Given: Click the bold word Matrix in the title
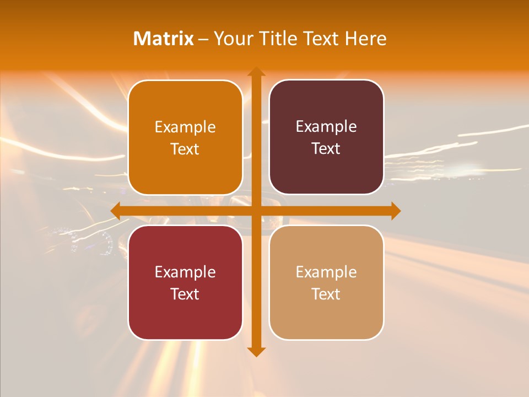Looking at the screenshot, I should click(x=164, y=39).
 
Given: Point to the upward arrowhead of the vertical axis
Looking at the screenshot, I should click(x=256, y=72).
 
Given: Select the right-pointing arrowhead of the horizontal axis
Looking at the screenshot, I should click(x=396, y=211).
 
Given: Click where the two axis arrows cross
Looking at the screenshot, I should click(x=256, y=211).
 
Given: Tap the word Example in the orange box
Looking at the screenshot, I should click(x=185, y=127).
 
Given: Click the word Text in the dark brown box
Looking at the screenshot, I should click(x=326, y=149).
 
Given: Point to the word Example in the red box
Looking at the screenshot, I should click(x=185, y=272).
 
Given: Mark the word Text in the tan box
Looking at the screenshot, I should click(x=326, y=294).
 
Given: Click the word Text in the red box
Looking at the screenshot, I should click(x=185, y=294).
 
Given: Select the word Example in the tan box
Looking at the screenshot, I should click(x=326, y=272).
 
